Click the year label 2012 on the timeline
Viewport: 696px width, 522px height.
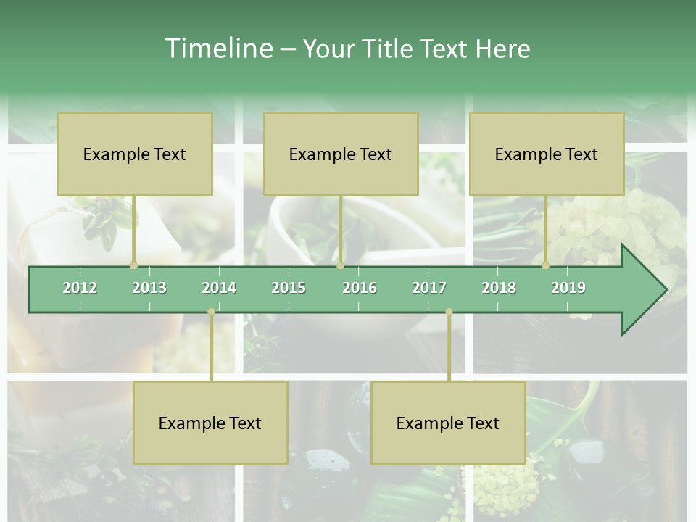pyautogui.click(x=80, y=288)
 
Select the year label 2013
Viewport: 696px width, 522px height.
pyautogui.click(x=149, y=288)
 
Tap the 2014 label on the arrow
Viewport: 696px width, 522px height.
pyautogui.click(x=219, y=288)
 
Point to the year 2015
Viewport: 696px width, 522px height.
pyautogui.click(x=289, y=288)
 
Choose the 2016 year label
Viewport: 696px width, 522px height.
pyautogui.click(x=360, y=288)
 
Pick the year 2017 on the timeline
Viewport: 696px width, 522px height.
pyautogui.click(x=429, y=288)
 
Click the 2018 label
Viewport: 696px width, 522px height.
pyautogui.click(x=499, y=288)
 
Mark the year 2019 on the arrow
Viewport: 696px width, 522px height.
pyautogui.click(x=568, y=288)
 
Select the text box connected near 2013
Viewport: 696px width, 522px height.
pyautogui.click(x=135, y=154)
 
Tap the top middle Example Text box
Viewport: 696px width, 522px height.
pyautogui.click(x=341, y=154)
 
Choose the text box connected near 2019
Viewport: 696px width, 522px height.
pyautogui.click(x=547, y=154)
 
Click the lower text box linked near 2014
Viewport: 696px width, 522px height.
pyautogui.click(x=210, y=423)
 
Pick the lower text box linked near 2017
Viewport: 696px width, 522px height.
pyautogui.click(x=448, y=423)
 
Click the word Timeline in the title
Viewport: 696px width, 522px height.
pyautogui.click(x=217, y=49)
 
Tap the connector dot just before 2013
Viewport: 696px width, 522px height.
pyautogui.click(x=133, y=265)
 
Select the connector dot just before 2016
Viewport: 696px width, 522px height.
pyautogui.click(x=341, y=265)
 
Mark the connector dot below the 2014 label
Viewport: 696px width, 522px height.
pyautogui.click(x=211, y=312)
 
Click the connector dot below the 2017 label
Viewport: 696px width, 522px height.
pyautogui.click(x=449, y=312)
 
